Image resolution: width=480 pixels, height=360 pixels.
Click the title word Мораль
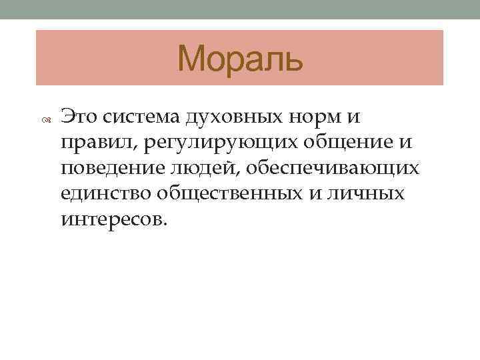240,59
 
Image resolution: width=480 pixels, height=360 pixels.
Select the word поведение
117,167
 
